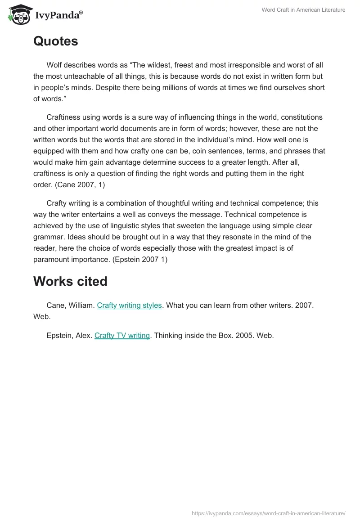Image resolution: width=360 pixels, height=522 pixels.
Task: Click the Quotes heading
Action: [55, 41]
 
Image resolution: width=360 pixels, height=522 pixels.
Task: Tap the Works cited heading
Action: [70, 281]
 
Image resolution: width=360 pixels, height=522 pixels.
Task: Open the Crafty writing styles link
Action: [129, 305]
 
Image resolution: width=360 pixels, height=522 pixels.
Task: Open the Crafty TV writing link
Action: [122, 335]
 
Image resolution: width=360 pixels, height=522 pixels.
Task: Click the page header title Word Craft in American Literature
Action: [304, 10]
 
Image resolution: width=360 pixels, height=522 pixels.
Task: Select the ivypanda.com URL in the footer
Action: [269, 513]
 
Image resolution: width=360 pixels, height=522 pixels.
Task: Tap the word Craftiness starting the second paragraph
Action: [65, 117]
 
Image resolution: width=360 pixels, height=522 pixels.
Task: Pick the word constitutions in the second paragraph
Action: [300, 117]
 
